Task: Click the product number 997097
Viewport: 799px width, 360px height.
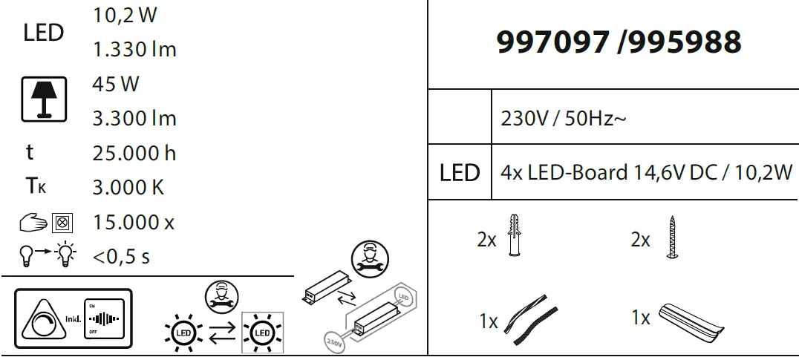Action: tap(552, 42)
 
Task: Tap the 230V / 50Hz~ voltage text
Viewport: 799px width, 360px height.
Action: tap(564, 118)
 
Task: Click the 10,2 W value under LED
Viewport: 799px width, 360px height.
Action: tap(125, 16)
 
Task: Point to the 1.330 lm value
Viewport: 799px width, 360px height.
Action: tap(134, 50)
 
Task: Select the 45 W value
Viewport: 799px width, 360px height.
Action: tap(116, 84)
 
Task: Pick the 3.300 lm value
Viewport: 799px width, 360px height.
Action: tap(134, 118)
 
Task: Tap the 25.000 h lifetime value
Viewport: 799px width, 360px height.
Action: tap(134, 153)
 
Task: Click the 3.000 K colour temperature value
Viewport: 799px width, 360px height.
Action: tap(128, 187)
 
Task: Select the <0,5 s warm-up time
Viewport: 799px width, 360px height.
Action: tap(122, 257)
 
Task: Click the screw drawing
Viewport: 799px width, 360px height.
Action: tap(671, 237)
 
